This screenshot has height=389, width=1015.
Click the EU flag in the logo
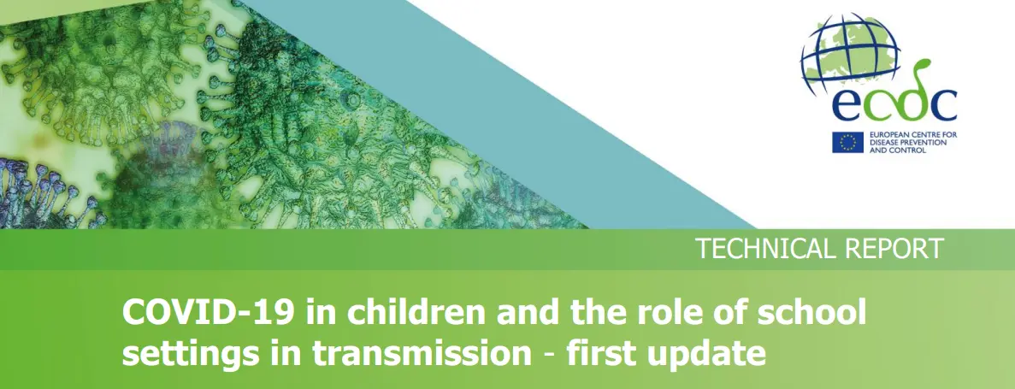(x=847, y=142)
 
